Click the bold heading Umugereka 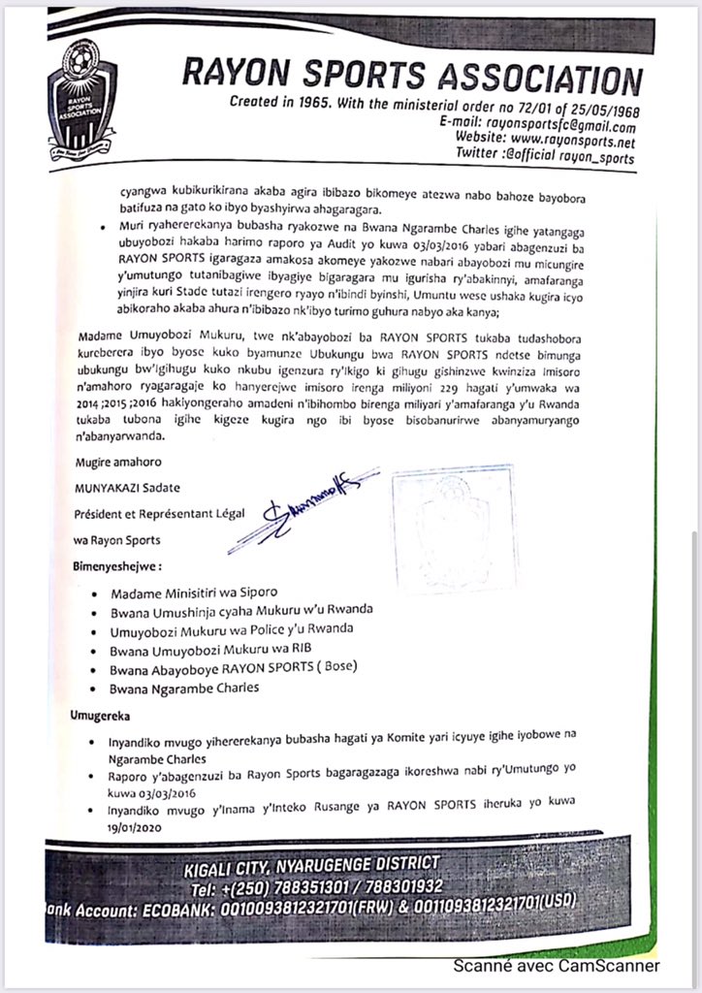pyautogui.click(x=107, y=717)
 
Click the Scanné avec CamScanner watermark pyautogui.click(x=558, y=966)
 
